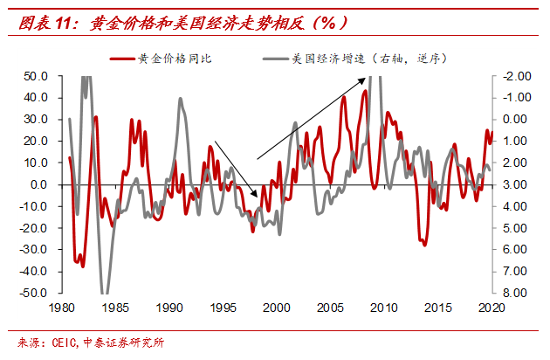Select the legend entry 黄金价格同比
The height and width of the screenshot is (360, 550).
coord(175,59)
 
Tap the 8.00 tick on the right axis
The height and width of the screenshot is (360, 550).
coord(513,293)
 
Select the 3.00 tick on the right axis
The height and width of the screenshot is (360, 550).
coord(513,184)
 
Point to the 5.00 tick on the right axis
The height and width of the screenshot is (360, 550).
coord(513,228)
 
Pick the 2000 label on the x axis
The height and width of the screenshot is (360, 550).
coord(277,308)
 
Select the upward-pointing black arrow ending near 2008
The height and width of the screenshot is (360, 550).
coord(311,117)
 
